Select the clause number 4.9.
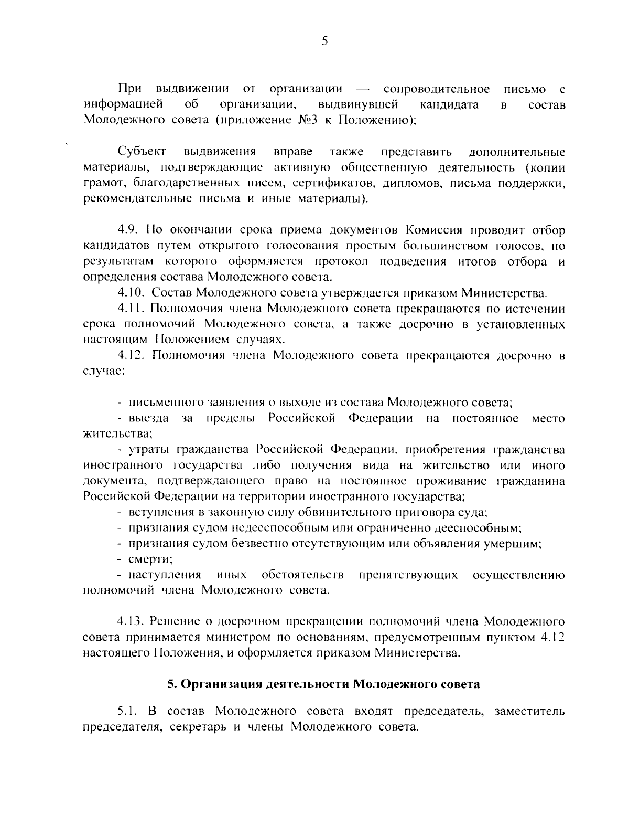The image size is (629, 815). (x=128, y=230)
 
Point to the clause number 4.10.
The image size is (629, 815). (x=131, y=293)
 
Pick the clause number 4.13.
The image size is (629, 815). (x=131, y=622)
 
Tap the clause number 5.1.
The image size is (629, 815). (x=128, y=712)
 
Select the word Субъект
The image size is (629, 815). (x=143, y=152)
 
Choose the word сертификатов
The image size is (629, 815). (x=325, y=184)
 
